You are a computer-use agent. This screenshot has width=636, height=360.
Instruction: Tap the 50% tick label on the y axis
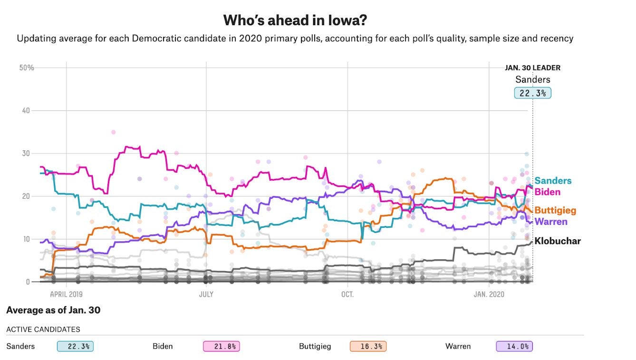[27, 68]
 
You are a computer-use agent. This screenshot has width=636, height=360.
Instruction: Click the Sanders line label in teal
[553, 181]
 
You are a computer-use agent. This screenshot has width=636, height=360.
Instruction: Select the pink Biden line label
[548, 192]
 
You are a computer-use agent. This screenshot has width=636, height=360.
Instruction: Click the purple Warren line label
[551, 222]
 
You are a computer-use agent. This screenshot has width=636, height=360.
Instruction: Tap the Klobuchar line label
[558, 241]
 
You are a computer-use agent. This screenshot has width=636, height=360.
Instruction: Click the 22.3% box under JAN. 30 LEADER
[532, 93]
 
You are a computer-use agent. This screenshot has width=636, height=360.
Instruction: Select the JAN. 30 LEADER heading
[532, 68]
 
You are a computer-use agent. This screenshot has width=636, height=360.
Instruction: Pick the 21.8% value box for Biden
[221, 346]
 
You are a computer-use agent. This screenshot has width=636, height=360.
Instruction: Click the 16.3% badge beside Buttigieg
[367, 346]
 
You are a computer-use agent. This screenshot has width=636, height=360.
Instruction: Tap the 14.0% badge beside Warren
[514, 346]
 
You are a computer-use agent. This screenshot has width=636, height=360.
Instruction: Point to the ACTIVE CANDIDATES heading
[43, 329]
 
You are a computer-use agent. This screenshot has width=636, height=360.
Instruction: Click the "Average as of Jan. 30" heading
[53, 311]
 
